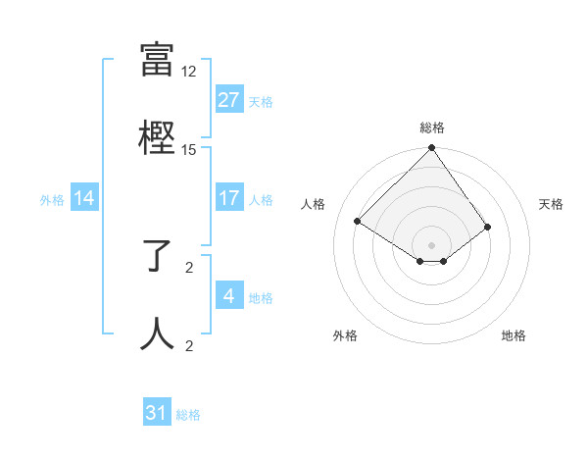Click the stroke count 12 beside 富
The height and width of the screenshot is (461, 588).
coord(189,72)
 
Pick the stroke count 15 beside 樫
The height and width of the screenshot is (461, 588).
coord(189,149)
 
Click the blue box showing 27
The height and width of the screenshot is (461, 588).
coord(228,100)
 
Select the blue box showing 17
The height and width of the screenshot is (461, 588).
coord(228,199)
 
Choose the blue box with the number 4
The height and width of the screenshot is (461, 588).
coord(228,297)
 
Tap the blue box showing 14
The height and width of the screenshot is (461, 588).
coord(84,199)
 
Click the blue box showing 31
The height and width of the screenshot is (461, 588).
coord(157,414)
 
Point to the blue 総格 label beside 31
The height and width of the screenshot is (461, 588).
coord(188,416)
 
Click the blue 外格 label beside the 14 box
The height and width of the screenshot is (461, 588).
coord(52,200)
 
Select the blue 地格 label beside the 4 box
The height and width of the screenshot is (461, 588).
coord(261,298)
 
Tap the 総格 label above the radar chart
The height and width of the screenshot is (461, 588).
coord(431,128)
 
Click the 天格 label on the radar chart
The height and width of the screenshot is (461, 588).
coord(551,204)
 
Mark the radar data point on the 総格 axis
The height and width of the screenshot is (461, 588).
coord(431,149)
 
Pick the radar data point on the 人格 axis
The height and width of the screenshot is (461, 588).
coord(359,221)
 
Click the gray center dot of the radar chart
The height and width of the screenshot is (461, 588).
coord(431,244)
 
